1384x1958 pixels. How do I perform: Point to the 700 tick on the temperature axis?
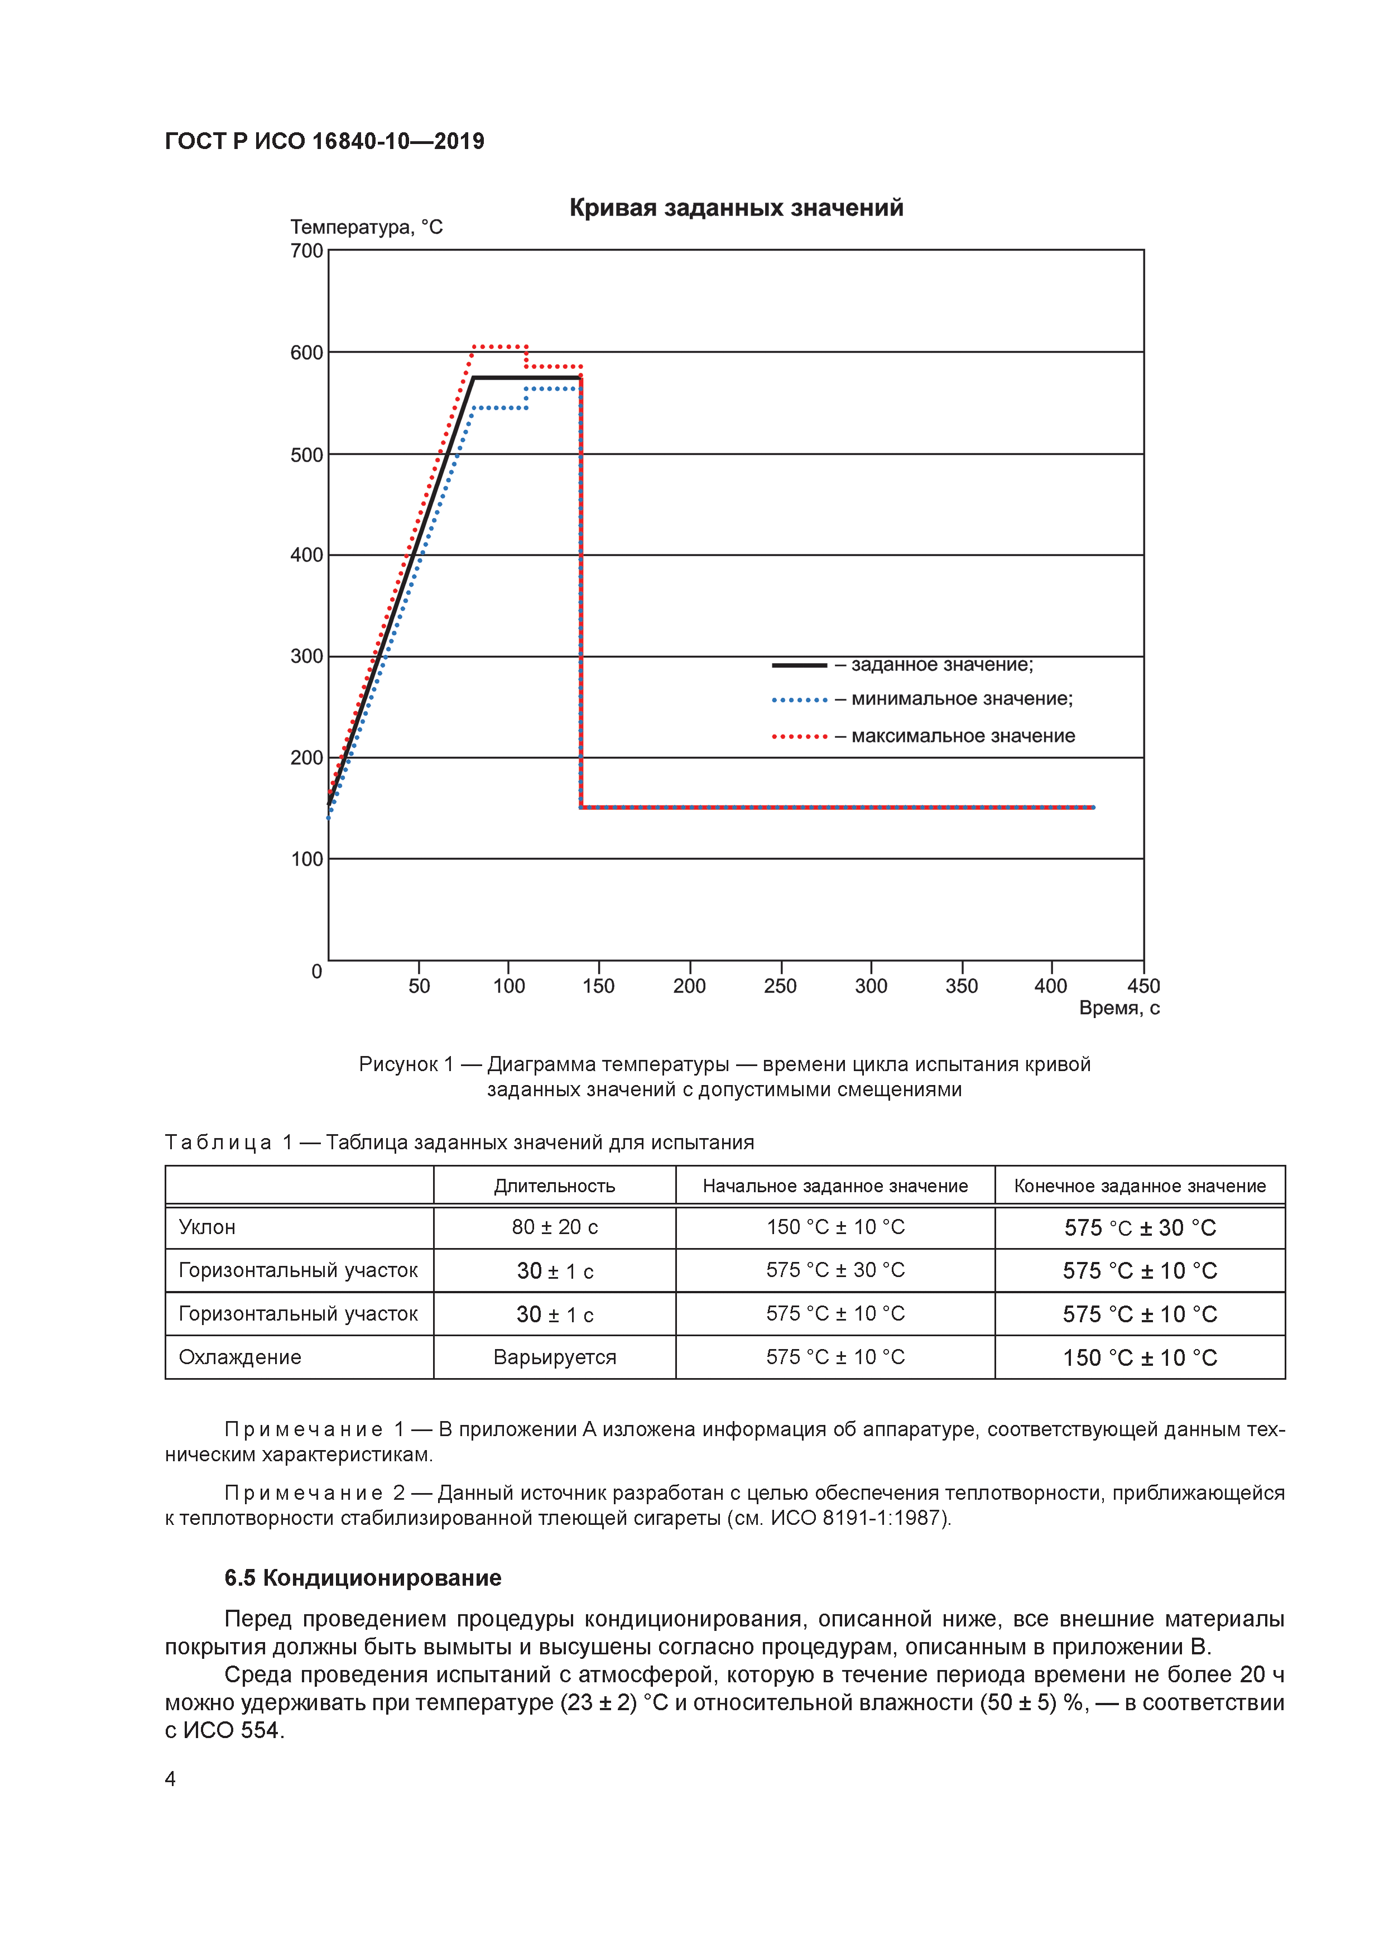[306, 251]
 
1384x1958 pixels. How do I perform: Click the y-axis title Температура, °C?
[366, 227]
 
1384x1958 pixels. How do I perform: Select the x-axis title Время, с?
[1119, 1008]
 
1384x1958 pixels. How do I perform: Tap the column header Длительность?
[554, 1186]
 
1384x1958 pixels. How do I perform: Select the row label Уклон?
[207, 1227]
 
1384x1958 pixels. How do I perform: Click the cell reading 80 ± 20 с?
[554, 1227]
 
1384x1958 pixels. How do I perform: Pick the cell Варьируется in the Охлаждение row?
[554, 1357]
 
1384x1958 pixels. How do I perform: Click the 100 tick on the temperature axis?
[306, 859]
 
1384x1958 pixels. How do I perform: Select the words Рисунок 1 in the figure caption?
[406, 1064]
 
